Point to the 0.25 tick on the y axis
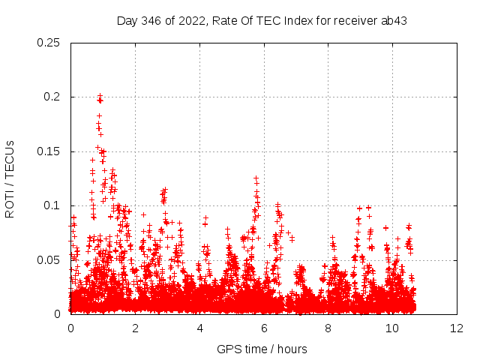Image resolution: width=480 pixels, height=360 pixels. point(49,43)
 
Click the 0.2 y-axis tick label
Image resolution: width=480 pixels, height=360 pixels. point(52,97)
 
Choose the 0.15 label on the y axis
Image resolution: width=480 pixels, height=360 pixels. point(49,151)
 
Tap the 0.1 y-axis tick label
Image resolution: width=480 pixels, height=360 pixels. point(52,206)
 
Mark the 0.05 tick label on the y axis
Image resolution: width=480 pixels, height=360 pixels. point(49,260)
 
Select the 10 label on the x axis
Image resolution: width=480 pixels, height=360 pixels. point(392,328)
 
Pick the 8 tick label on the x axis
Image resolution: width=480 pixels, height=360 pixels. point(328,328)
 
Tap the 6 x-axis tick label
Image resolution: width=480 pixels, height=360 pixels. point(264,328)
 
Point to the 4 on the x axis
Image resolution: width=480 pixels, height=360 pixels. point(199,328)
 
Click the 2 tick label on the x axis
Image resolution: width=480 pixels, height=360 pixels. point(135,328)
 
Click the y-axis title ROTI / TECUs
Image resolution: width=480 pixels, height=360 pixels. point(10,178)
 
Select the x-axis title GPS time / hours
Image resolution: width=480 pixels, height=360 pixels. point(262,349)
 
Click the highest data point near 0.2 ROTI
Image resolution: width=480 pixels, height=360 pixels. point(100,95)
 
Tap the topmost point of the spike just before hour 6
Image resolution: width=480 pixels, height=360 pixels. point(256,178)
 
